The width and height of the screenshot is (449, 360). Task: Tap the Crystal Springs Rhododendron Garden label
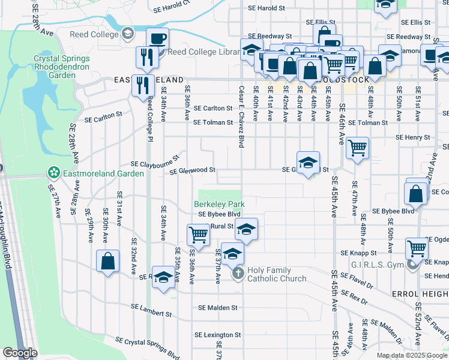point(62,67)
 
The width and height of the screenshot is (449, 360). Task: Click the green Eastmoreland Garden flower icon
point(53,173)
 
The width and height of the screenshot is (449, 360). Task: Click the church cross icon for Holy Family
point(238,274)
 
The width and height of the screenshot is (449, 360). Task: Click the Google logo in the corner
point(20,352)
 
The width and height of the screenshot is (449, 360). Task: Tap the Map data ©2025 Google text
point(412,355)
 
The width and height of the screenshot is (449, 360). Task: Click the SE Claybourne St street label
point(155,163)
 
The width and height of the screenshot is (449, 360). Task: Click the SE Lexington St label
point(220,335)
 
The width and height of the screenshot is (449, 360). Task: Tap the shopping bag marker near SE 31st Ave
point(107,261)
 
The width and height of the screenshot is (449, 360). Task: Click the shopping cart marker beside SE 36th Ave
point(198,235)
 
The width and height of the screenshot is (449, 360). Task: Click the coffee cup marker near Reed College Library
point(158,38)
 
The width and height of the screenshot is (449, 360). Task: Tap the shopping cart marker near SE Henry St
point(357,147)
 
